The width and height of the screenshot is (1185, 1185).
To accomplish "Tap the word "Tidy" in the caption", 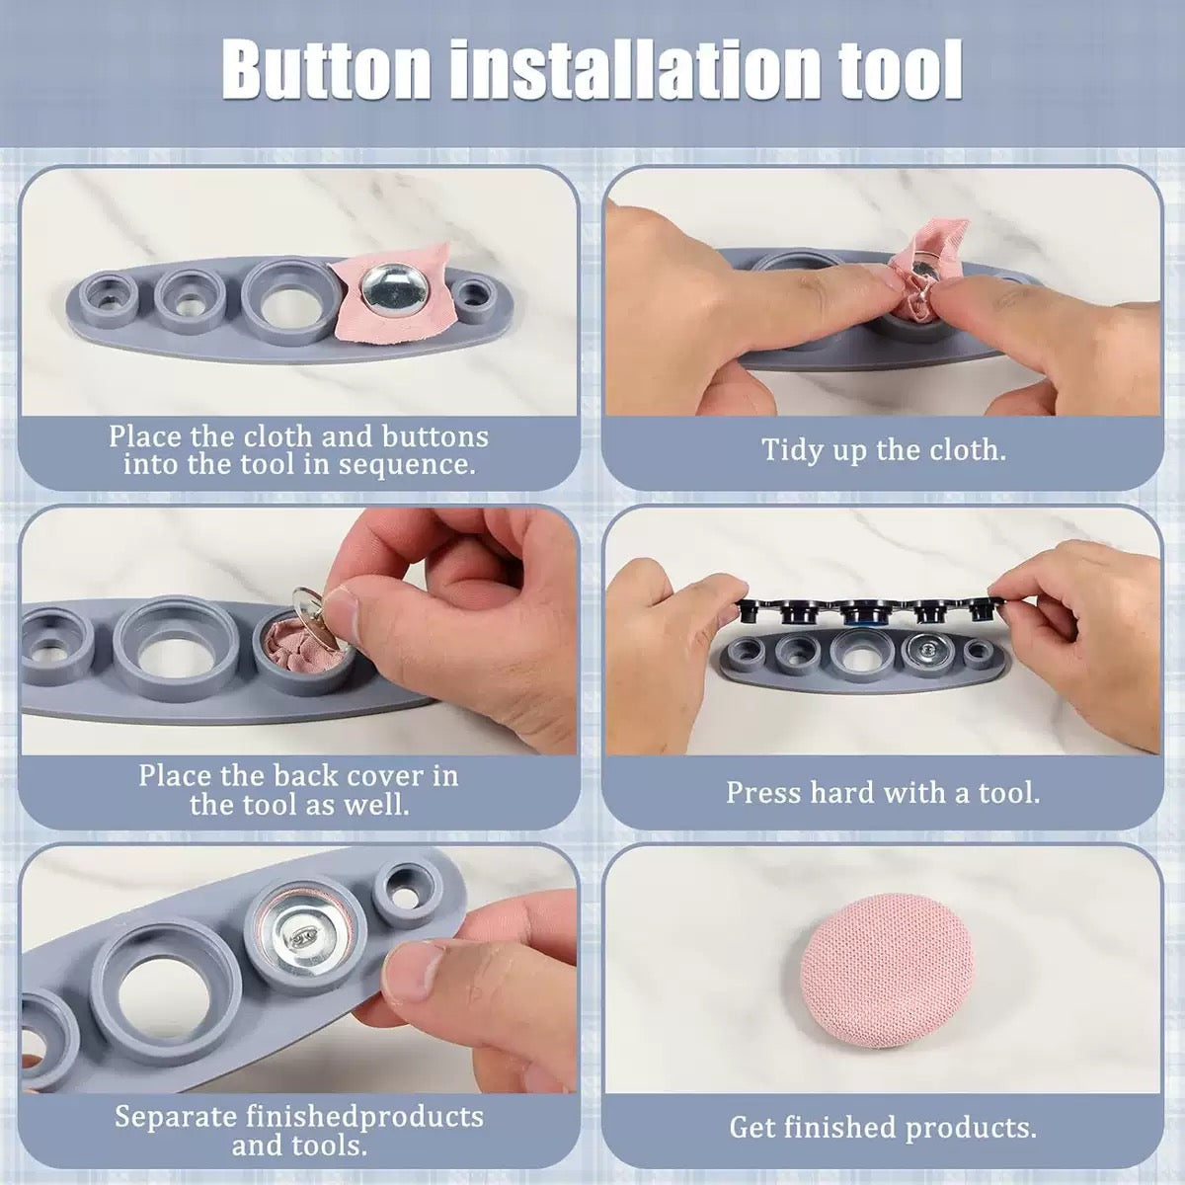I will coord(793,450).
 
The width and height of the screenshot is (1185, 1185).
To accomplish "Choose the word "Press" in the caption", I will coord(763,792).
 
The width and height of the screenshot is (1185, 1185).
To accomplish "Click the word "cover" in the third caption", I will coord(375,775).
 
